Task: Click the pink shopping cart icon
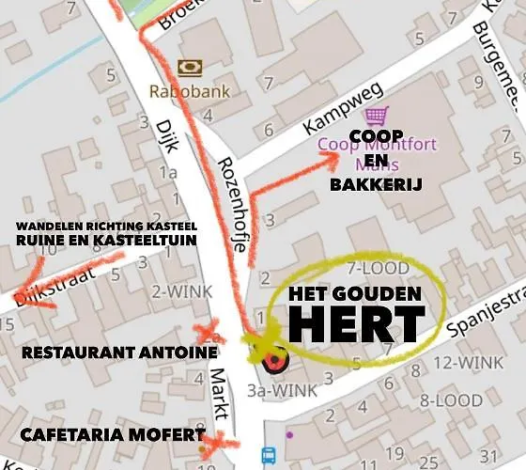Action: point(377,117)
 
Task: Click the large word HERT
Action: point(356,323)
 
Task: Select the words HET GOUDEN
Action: point(355,294)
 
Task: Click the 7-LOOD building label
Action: point(379,268)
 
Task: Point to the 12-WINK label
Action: point(470,363)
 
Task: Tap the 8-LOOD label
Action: point(451,400)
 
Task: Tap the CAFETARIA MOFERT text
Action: point(112,435)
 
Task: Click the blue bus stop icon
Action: point(268,457)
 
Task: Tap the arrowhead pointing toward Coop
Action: point(332,158)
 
